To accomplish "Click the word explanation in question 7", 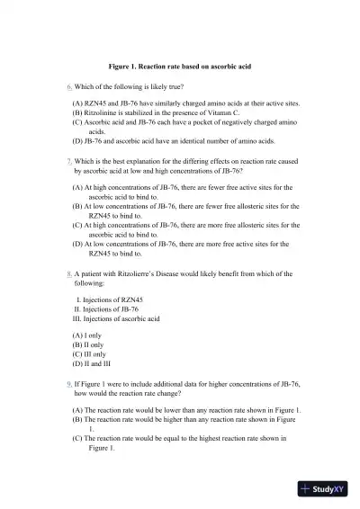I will [156, 161].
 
